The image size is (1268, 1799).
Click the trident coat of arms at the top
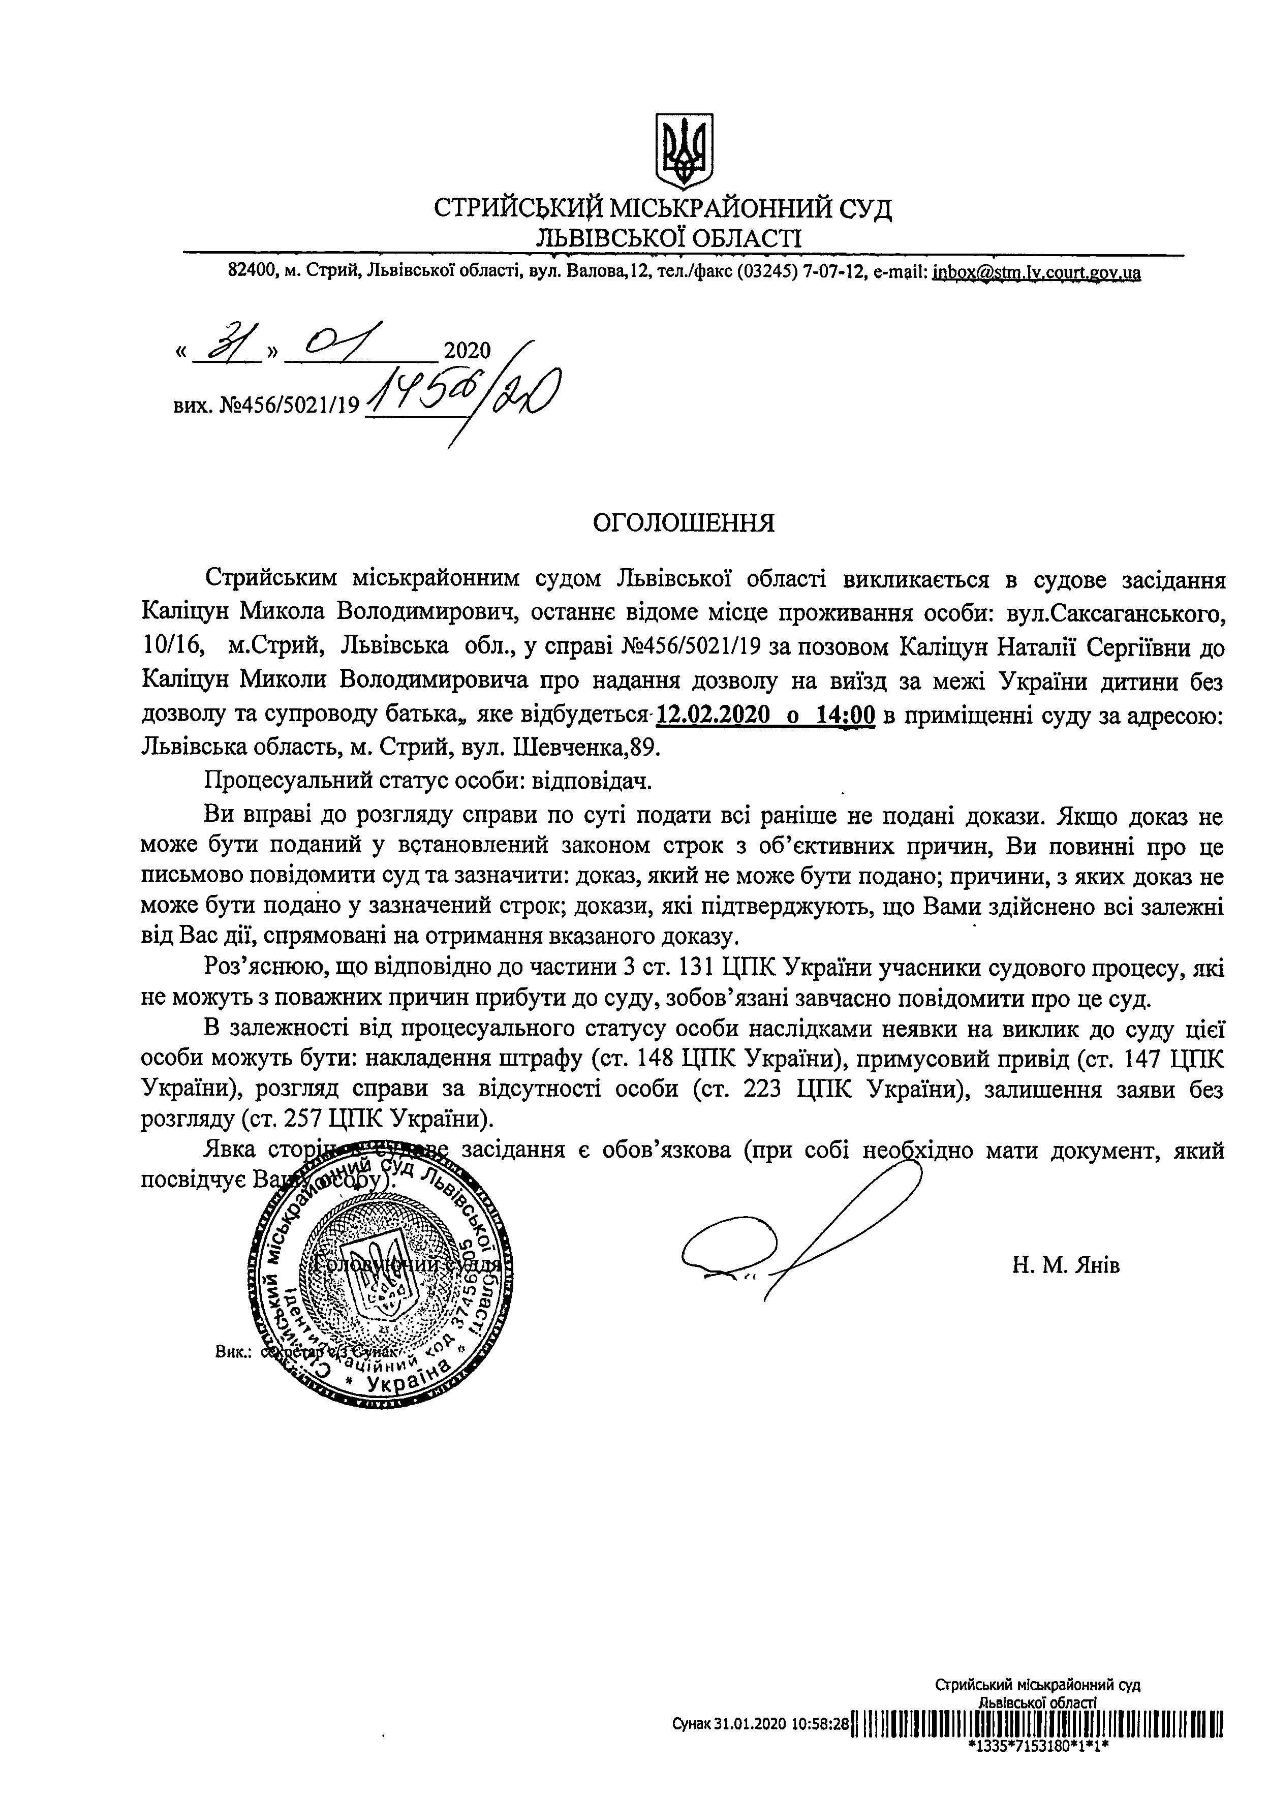coord(684,149)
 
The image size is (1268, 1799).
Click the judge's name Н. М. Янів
coord(1065,1264)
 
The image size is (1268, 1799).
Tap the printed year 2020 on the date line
coord(467,350)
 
